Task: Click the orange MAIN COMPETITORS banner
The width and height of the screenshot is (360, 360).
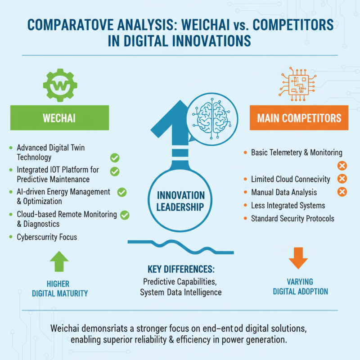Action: point(299,118)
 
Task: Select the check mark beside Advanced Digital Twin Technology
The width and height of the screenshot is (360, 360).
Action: point(115,157)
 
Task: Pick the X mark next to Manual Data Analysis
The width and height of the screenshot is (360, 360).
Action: point(342,193)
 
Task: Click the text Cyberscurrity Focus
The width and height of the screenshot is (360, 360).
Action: point(47,237)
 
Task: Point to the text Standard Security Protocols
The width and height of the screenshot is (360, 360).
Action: point(292,219)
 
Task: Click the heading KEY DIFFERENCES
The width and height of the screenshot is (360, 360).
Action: point(181,270)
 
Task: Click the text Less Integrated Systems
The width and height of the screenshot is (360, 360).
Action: point(288,206)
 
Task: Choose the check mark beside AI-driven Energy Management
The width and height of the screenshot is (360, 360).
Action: point(121,192)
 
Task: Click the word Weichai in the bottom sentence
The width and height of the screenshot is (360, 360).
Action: point(67,327)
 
